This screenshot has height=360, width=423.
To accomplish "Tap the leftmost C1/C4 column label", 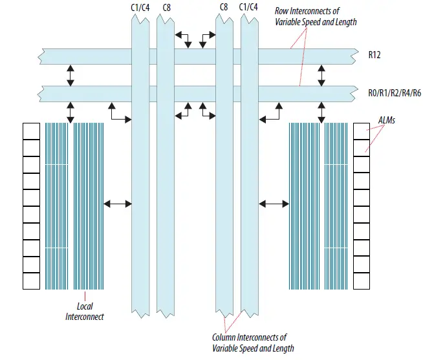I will [140, 7].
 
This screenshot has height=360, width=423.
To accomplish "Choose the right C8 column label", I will [224, 7].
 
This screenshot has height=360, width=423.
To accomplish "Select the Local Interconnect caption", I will [85, 312].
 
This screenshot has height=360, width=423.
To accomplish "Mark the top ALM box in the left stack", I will [31, 131].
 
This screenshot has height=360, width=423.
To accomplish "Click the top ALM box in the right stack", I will [361, 131].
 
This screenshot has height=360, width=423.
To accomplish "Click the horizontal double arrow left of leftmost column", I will [118, 204].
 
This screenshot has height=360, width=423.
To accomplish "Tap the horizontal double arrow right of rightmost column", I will [274, 204].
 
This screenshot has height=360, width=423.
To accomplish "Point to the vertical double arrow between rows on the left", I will [70, 75].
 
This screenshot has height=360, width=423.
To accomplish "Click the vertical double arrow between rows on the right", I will [321, 75].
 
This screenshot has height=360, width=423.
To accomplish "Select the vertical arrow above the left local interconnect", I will [70, 112].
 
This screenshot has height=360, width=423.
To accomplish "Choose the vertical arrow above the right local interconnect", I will [321, 112].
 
